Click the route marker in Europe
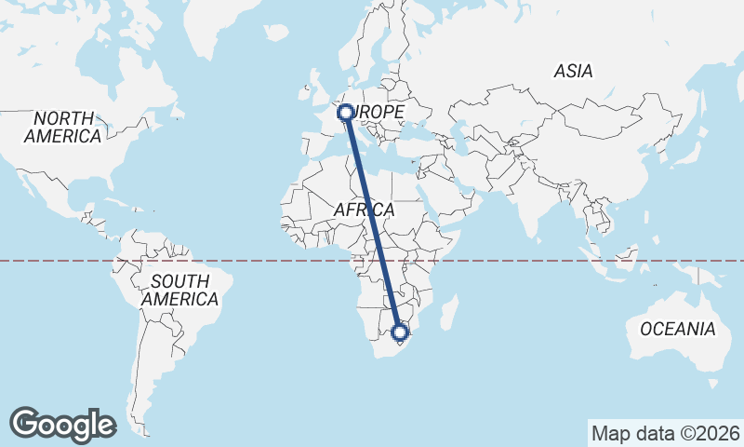346,113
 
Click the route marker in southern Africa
401,332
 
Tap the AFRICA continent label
364,210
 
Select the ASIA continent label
573,71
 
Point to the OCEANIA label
677,329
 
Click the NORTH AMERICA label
63,128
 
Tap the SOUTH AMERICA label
179,291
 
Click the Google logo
63,424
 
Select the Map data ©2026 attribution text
665,433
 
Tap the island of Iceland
276,34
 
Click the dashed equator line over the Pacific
56,261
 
